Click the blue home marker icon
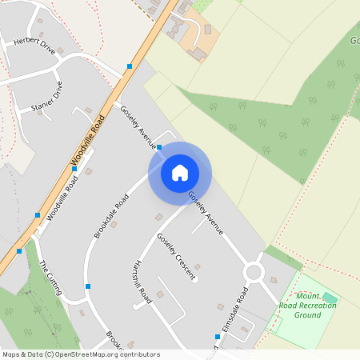point(180,173)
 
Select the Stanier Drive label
point(46,97)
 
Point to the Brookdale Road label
point(111,214)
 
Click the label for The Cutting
point(50,278)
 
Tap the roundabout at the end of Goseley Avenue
point(254,272)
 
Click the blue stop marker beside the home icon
point(160,147)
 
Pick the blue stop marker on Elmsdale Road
point(217,336)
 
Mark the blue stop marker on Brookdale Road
point(88,286)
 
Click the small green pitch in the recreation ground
point(329,298)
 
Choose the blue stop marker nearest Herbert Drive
point(129,66)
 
